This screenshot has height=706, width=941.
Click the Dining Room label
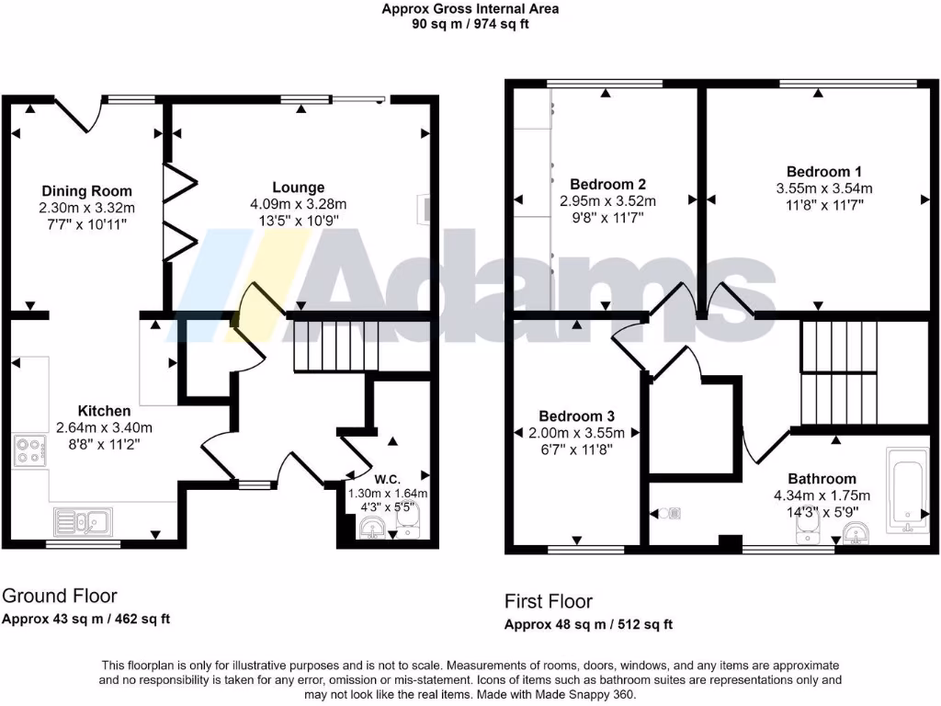click(86, 191)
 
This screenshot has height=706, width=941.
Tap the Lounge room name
click(298, 188)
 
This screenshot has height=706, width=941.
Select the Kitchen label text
click(104, 411)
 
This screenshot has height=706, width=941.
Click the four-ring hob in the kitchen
click(29, 450)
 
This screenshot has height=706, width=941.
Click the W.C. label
click(387, 478)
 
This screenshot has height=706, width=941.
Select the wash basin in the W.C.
click(373, 528)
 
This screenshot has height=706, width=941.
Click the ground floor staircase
click(336, 347)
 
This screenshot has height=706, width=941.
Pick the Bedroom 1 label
click(824, 172)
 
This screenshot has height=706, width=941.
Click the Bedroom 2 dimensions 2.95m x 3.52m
click(607, 201)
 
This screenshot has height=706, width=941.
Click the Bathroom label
click(822, 479)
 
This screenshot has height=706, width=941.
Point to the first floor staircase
click(837, 372)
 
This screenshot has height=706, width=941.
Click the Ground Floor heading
click(61, 596)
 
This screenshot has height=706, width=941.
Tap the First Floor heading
click(548, 601)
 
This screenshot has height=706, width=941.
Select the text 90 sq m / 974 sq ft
click(470, 24)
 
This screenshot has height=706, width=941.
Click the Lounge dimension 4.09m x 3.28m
click(298, 204)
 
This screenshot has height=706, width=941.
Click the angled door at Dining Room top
click(78, 113)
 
